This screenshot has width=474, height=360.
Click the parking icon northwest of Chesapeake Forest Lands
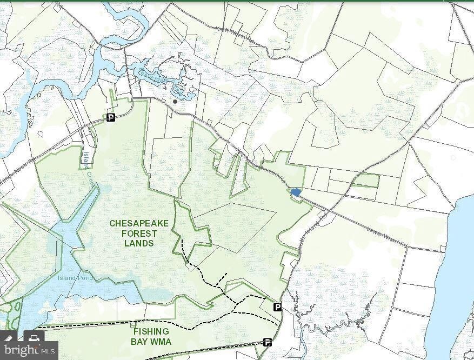coord(111,117)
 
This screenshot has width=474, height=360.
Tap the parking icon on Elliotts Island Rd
coord(277,307)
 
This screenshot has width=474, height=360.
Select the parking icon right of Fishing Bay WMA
coord(267,342)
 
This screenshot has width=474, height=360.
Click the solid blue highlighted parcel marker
coord(296,192)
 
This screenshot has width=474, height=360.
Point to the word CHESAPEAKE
coord(139,223)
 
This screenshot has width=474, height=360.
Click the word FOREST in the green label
coord(139,234)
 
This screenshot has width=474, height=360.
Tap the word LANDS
coord(139,243)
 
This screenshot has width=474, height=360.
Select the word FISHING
coord(151,331)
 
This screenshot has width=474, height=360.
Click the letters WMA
coord(162,341)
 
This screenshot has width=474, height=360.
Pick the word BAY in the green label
coord(139,341)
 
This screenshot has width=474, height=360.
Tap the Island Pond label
coord(76,278)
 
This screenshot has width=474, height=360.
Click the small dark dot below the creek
coord(175,101)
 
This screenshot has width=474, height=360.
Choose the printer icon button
coord(33,339)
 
